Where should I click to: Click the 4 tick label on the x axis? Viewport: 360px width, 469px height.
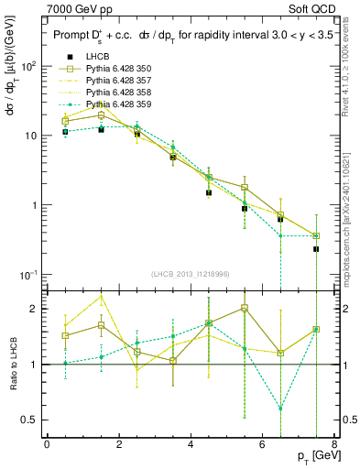(x=190, y=444)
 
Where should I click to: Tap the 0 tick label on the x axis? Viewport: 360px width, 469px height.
(x=47, y=444)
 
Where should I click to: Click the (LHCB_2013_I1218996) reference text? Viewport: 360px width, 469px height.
(x=190, y=274)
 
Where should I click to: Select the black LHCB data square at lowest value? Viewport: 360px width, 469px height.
(x=315, y=249)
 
